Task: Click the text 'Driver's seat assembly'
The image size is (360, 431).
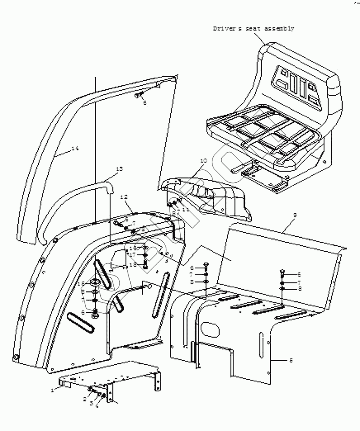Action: pos(254,29)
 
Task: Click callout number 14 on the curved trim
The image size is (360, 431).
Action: pos(75,148)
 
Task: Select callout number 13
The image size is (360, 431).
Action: pos(119,169)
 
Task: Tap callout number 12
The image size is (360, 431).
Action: pos(124,197)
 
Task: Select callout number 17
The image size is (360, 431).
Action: pos(133,254)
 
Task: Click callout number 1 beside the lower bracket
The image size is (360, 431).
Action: pos(53,389)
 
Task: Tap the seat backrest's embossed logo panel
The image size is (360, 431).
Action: pos(297,86)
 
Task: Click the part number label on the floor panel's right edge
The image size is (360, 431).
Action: pos(291,360)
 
